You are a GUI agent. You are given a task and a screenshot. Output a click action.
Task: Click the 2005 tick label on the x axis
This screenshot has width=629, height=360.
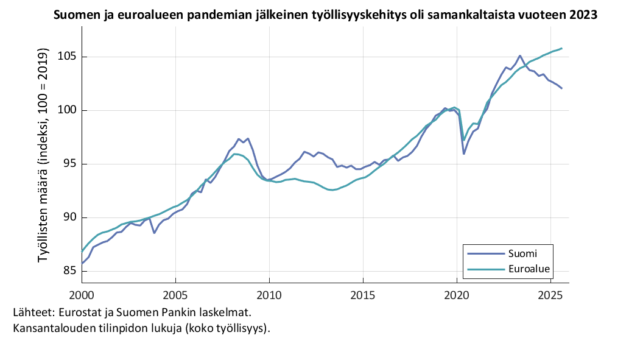(x=175, y=295)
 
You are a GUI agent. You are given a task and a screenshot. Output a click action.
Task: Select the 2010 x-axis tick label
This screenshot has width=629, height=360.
(x=269, y=295)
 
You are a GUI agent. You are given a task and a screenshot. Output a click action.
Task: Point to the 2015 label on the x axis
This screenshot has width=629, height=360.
(x=363, y=295)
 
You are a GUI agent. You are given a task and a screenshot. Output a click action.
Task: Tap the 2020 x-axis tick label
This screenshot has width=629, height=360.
(x=457, y=295)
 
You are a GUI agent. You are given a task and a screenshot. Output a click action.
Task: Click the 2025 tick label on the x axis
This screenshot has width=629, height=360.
(x=550, y=295)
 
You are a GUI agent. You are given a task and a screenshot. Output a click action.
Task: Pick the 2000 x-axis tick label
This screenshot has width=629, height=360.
(x=82, y=295)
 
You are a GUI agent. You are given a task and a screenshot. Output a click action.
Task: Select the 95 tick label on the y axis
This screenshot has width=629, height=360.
(x=68, y=164)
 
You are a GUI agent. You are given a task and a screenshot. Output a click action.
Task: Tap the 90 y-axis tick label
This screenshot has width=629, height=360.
(x=68, y=217)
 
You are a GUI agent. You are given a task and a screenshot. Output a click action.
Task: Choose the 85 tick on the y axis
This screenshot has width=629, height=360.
(x=68, y=271)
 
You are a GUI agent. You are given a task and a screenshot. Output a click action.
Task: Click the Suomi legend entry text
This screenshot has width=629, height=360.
(x=522, y=253)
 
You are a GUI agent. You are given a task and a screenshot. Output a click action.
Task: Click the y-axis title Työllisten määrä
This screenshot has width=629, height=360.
(x=43, y=158)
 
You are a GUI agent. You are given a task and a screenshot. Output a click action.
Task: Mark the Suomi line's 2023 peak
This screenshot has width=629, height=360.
(x=519, y=55)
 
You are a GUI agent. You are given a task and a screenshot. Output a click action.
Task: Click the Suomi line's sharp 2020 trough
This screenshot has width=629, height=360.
(x=464, y=154)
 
